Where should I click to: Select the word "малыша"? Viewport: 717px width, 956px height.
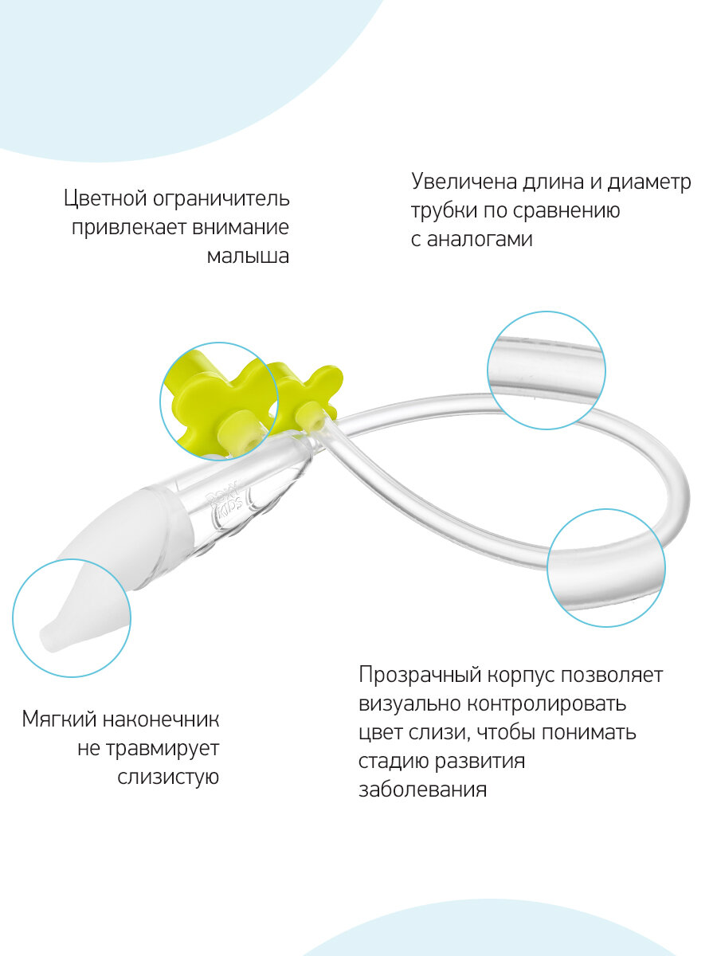[x=248, y=257]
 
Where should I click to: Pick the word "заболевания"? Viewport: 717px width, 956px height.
[x=421, y=790]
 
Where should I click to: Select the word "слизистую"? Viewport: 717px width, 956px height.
[x=167, y=777]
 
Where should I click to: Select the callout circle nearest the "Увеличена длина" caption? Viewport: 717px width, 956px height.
[x=546, y=368]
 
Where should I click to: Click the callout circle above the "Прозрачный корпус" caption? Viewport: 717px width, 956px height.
[x=605, y=567]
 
